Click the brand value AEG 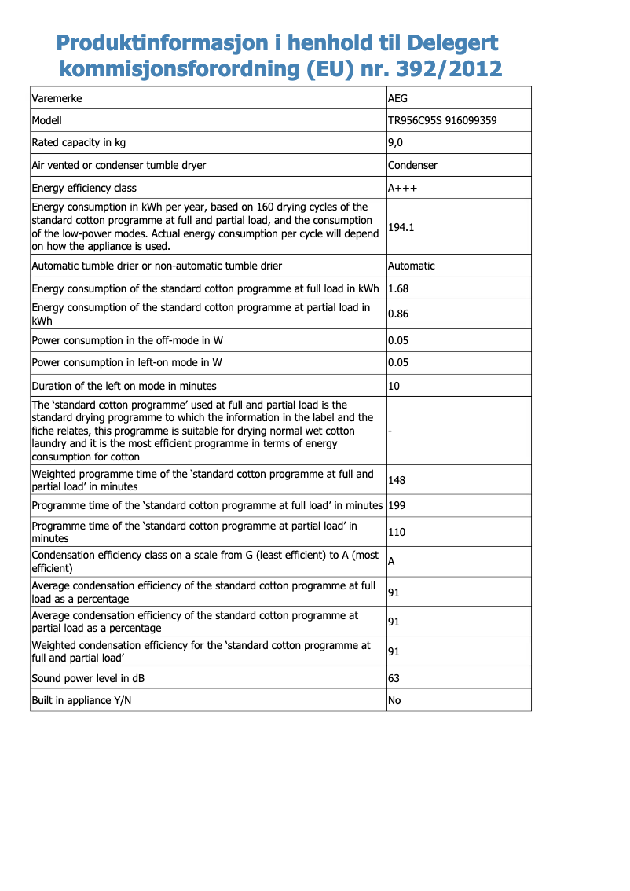click(x=398, y=99)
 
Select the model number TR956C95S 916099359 click(x=442, y=121)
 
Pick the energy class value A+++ click(x=402, y=189)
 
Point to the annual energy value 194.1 click(x=402, y=227)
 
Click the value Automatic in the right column click(x=411, y=266)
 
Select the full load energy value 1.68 click(x=398, y=288)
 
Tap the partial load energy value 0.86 click(x=398, y=314)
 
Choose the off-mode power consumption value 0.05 click(x=398, y=341)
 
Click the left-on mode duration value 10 click(x=394, y=386)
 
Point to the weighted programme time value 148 click(x=397, y=480)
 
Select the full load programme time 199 click(x=397, y=505)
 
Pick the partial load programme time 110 click(x=397, y=532)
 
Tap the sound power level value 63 click(x=394, y=678)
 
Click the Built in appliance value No click(x=394, y=700)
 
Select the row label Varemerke click(x=57, y=99)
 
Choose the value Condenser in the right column click(x=412, y=166)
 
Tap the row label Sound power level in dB click(x=88, y=678)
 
